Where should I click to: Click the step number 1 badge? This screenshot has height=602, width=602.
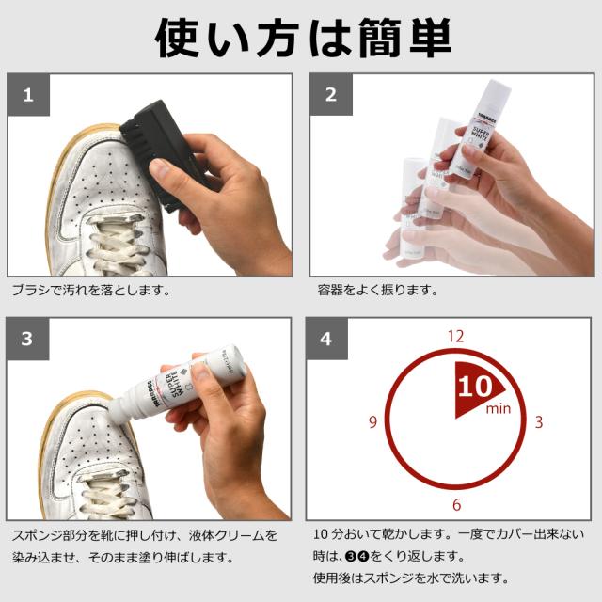click(x=29, y=94)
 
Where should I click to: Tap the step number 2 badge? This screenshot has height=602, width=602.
click(x=331, y=94)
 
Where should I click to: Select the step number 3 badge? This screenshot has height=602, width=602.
click(x=27, y=339)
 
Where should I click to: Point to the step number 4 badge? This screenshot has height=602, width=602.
click(x=326, y=339)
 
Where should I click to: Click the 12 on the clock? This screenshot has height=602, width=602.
click(x=455, y=337)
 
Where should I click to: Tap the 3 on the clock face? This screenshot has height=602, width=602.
click(x=539, y=422)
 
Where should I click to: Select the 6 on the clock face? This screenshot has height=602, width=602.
click(x=456, y=504)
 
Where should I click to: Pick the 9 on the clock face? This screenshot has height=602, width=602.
click(x=372, y=422)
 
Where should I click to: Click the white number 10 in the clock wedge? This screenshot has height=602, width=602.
click(x=475, y=387)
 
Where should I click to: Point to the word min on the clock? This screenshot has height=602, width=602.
click(x=499, y=408)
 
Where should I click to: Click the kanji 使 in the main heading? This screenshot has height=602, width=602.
click(x=177, y=39)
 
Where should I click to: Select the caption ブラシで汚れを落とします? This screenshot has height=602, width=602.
click(x=91, y=290)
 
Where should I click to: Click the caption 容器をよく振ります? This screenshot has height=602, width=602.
click(x=378, y=290)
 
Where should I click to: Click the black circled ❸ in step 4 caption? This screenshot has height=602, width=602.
click(x=351, y=556)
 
